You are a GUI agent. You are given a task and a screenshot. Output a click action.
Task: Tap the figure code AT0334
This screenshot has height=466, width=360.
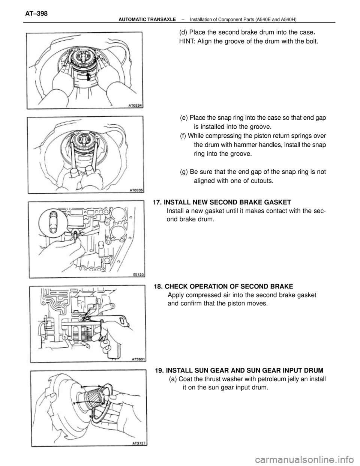pyautogui.click(x=138, y=105)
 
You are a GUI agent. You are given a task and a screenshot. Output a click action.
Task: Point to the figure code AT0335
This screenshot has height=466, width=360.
pyautogui.click(x=138, y=190)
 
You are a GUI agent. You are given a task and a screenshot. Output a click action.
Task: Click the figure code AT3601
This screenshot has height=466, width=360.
pyautogui.click(x=138, y=359)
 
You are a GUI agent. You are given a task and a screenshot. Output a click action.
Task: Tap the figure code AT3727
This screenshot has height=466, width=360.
pyautogui.click(x=139, y=443)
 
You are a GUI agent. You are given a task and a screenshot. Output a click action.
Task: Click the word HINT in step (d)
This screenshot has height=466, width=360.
pyautogui.click(x=189, y=41)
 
